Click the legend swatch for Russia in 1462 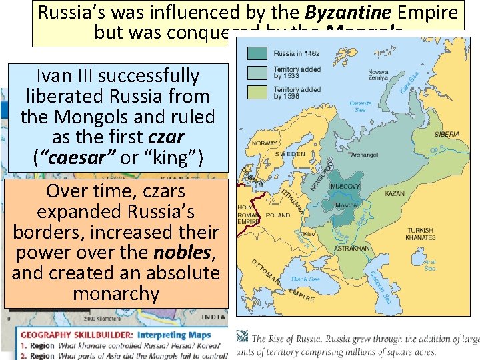tap(258, 53)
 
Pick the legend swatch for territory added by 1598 tap(258, 92)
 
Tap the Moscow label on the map tap(346, 205)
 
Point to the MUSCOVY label tap(345, 186)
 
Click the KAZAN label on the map tap(395, 193)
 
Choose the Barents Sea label tap(360, 107)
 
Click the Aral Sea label tap(430, 265)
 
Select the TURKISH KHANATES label tap(421, 234)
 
